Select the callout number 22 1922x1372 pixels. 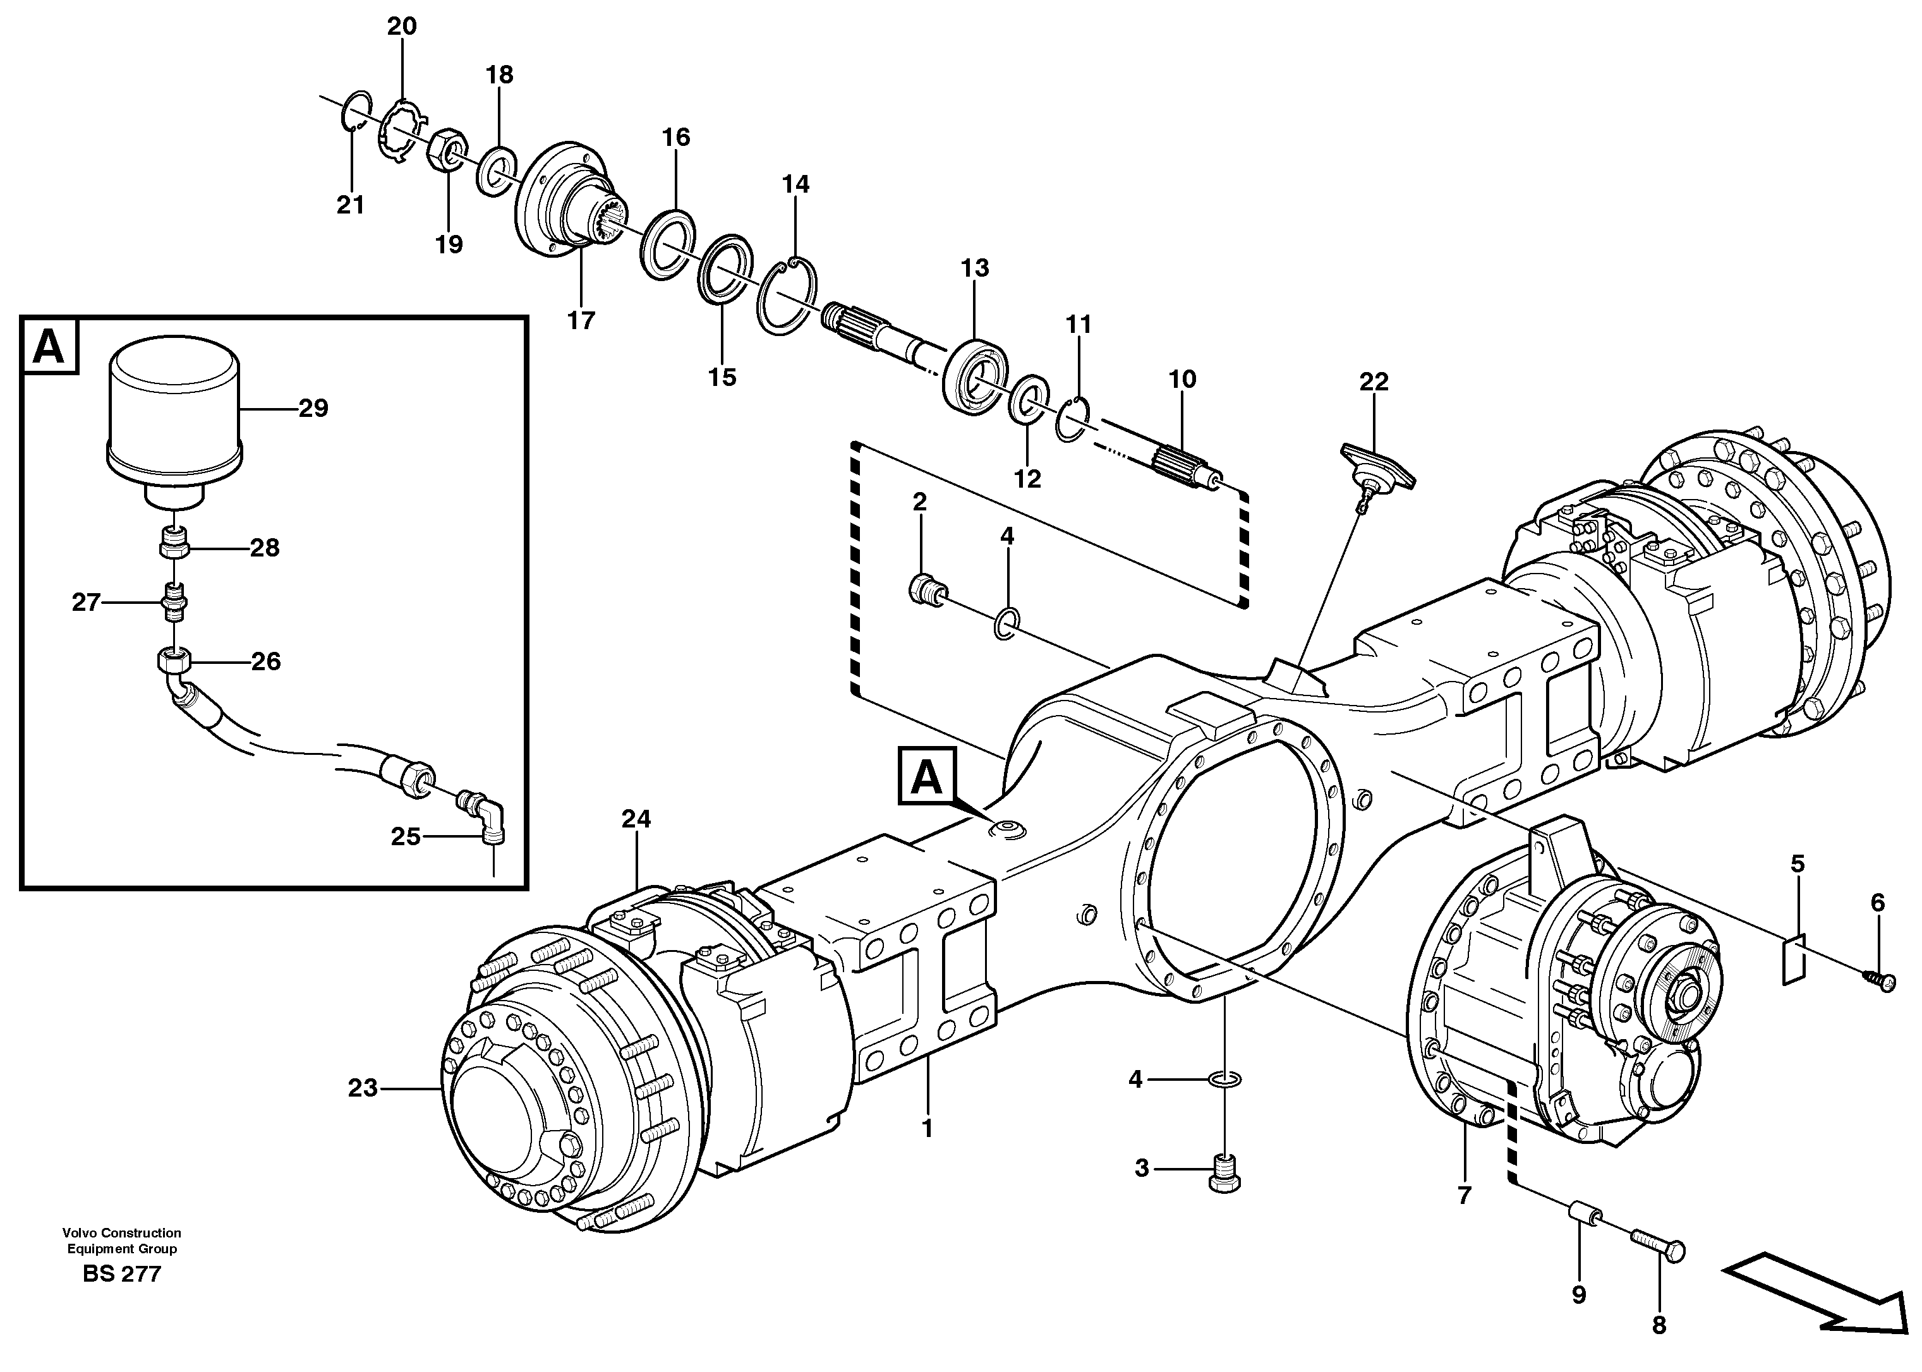point(1374,382)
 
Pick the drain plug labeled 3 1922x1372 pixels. point(1226,1172)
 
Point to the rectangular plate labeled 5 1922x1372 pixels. point(1792,960)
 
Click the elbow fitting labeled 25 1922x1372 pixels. point(484,815)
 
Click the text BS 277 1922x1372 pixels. point(122,1274)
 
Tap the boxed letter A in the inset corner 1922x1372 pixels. point(49,346)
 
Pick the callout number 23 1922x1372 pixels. point(363,1088)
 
